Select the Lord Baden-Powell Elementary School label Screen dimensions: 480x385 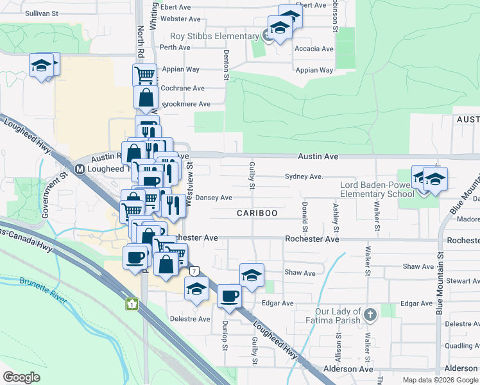coord(377,190)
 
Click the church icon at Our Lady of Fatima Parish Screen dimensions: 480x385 coord(370,315)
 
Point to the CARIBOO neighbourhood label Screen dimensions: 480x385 coord(256,213)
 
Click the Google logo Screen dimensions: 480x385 coord(22,377)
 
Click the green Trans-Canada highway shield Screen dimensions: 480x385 coord(133,304)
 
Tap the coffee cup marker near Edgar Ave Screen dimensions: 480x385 coord(229,296)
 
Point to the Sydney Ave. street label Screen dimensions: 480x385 coord(302,176)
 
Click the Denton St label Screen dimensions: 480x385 coord(227,65)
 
